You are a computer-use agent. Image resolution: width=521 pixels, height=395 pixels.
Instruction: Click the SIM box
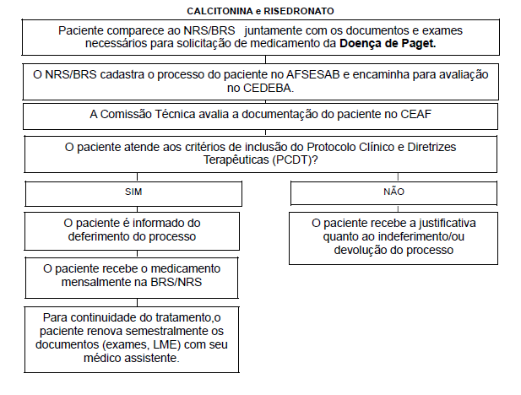tap(133, 192)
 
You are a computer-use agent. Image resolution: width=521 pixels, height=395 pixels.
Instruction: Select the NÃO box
tap(388, 192)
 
